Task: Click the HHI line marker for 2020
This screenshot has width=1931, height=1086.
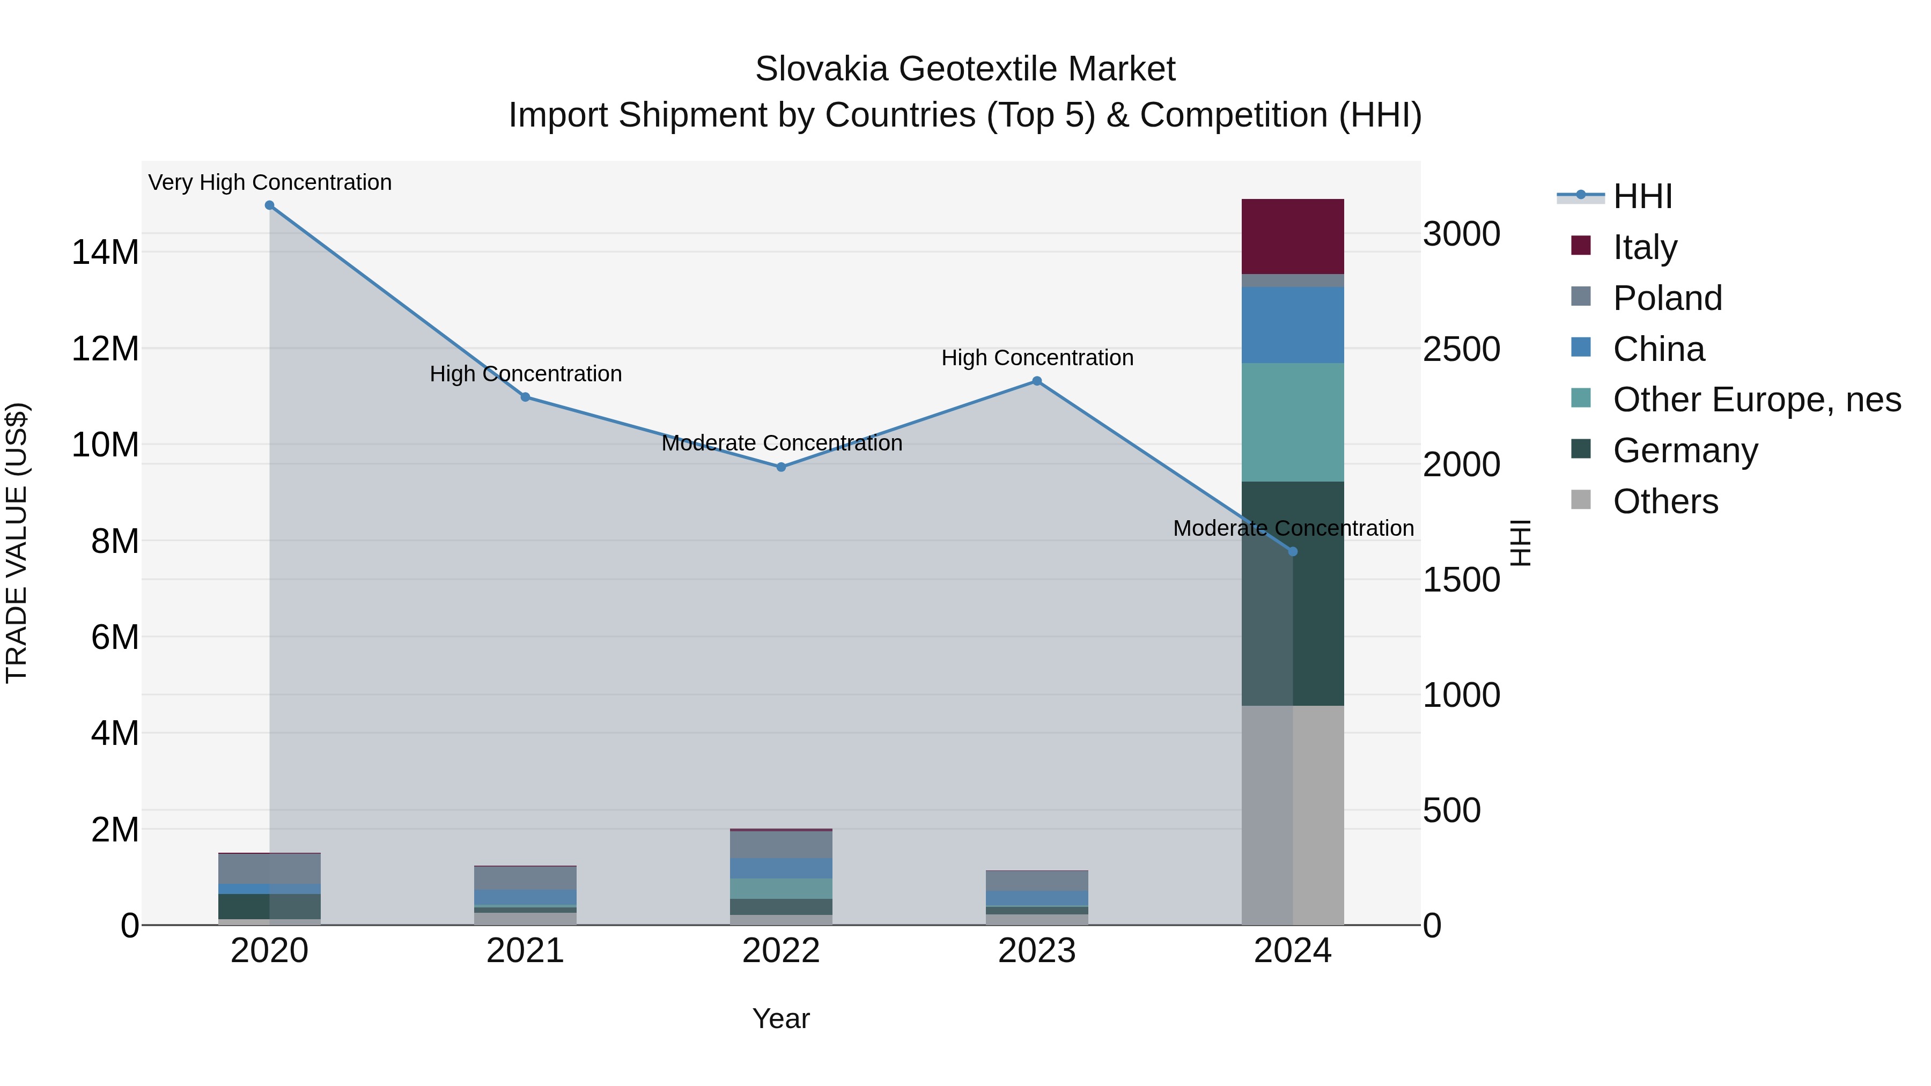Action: pyautogui.click(x=269, y=205)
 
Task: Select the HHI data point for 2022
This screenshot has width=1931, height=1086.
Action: pyautogui.click(x=780, y=467)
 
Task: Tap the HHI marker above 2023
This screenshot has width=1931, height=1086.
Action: pyautogui.click(x=1037, y=381)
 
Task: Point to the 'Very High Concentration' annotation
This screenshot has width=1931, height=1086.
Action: pyautogui.click(x=270, y=183)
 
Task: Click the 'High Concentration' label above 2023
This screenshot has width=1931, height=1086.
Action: pyautogui.click(x=1037, y=358)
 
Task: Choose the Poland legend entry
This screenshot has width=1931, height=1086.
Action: pyautogui.click(x=1667, y=298)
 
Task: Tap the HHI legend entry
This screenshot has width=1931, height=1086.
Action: pyautogui.click(x=1642, y=196)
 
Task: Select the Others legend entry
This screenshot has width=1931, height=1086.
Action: pyautogui.click(x=1665, y=501)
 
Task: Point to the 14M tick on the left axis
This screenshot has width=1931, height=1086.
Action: pyautogui.click(x=105, y=253)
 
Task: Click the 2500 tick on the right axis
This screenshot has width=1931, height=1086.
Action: pyautogui.click(x=1461, y=349)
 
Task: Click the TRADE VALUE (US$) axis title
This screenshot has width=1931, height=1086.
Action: pyautogui.click(x=17, y=543)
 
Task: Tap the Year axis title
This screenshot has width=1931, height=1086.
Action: pyautogui.click(x=780, y=1018)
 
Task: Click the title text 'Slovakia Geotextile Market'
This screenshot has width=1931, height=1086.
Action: pyautogui.click(x=965, y=69)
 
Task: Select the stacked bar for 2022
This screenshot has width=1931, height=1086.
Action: pyautogui.click(x=780, y=877)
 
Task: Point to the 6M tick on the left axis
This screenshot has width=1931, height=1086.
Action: pyautogui.click(x=115, y=638)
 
